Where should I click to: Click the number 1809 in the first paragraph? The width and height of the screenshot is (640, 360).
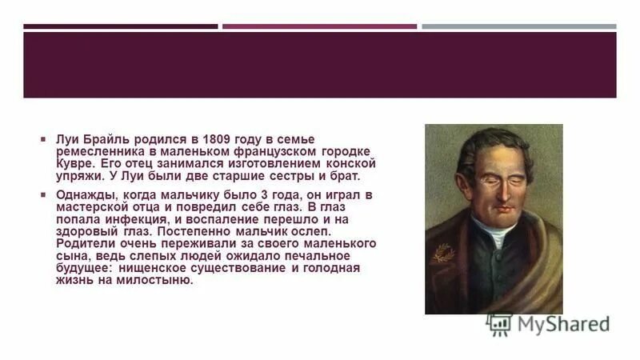217,138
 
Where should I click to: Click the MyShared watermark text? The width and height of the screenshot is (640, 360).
563,324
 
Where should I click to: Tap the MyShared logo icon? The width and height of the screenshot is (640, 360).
499,323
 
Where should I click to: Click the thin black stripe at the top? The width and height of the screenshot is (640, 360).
120,26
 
